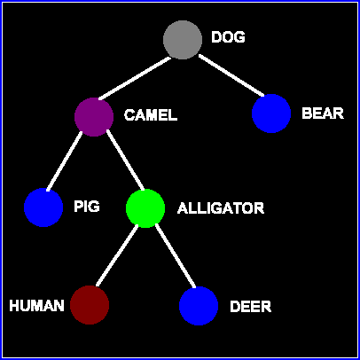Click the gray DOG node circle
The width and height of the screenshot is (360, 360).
183,40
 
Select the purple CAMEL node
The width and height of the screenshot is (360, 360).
94,117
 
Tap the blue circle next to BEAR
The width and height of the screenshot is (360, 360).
271,113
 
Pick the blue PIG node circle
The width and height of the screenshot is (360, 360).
43,207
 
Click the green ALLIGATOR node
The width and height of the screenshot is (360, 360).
145,208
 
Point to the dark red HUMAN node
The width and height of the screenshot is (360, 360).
90,305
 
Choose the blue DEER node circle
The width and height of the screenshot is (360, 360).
199,306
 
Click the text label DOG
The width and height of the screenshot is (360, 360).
228,37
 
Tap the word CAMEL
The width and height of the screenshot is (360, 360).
151,115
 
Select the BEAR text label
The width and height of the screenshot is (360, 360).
323,113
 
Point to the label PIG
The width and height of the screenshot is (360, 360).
87,207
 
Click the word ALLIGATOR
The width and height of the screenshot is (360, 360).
221,208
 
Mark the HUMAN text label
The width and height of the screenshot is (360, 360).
36,306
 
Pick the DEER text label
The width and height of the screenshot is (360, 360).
251,307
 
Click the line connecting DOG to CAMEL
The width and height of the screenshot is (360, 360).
135,78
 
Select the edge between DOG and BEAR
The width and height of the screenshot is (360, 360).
231,75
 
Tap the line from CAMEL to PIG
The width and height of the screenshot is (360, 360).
65,161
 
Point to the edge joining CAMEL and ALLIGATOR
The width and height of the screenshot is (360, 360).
125,160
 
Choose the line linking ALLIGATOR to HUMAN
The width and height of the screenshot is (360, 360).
117,255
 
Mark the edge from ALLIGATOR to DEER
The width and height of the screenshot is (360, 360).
176,255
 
